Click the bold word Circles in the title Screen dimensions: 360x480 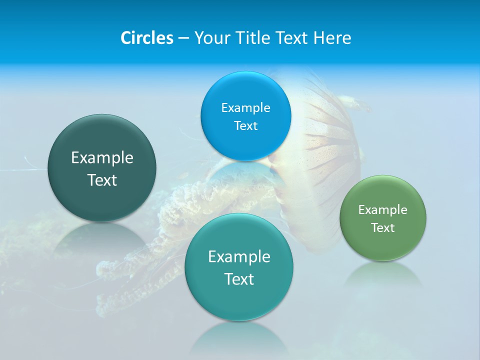pos(146,38)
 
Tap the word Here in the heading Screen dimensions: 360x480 pos(332,38)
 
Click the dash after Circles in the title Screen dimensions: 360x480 pos(183,38)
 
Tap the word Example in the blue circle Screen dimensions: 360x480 pos(245,107)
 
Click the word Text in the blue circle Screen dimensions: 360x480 pos(245,125)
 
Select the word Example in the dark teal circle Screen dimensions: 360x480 pos(102,158)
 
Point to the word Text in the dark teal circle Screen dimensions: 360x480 pos(102,180)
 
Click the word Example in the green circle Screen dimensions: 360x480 pos(383,210)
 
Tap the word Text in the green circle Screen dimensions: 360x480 pos(383,228)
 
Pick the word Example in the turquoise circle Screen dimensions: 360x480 pos(239,257)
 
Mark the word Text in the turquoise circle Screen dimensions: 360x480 pos(239,279)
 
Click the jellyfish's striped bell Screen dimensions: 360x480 pos(330,150)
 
